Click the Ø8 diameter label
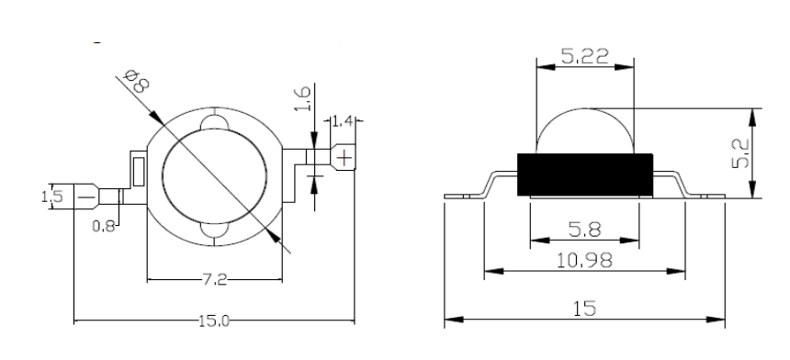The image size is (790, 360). (136, 82)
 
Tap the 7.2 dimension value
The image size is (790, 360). (215, 280)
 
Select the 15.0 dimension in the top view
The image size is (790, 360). (214, 321)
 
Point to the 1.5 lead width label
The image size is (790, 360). (52, 197)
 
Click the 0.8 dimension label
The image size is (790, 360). (104, 227)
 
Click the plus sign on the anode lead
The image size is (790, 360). (344, 159)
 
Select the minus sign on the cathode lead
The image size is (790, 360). (86, 197)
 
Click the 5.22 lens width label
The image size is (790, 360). (585, 56)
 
